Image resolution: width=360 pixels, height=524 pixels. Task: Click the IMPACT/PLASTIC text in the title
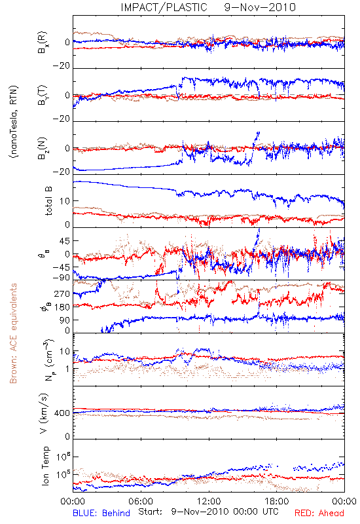(x=164, y=7)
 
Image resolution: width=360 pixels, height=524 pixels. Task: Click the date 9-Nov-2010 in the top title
(x=260, y=7)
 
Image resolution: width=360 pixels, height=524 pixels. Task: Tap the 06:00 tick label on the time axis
(x=141, y=501)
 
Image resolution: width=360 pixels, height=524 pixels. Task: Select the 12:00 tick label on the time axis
(x=209, y=501)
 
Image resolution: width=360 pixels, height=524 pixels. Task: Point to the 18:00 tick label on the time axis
(x=277, y=501)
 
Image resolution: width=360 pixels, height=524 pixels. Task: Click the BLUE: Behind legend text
(x=101, y=513)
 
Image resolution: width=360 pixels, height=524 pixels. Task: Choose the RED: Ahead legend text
(x=319, y=513)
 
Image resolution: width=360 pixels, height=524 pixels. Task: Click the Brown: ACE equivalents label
(x=13, y=333)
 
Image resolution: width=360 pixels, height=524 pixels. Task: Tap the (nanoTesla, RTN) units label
(x=14, y=122)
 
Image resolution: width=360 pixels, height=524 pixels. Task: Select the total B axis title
(x=48, y=201)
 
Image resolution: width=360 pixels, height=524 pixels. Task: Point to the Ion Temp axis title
(x=45, y=466)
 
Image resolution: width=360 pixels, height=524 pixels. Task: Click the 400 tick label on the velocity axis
(x=62, y=413)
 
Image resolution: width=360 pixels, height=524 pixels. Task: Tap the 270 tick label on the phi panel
(x=62, y=294)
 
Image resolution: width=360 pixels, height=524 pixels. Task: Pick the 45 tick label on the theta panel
(x=65, y=241)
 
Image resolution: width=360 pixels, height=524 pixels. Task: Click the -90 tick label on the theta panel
(x=62, y=278)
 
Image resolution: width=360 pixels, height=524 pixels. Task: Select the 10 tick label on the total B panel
(x=65, y=201)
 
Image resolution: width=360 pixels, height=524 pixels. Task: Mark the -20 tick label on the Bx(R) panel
(x=62, y=66)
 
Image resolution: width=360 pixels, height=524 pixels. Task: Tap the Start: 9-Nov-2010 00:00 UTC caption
(x=208, y=512)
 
